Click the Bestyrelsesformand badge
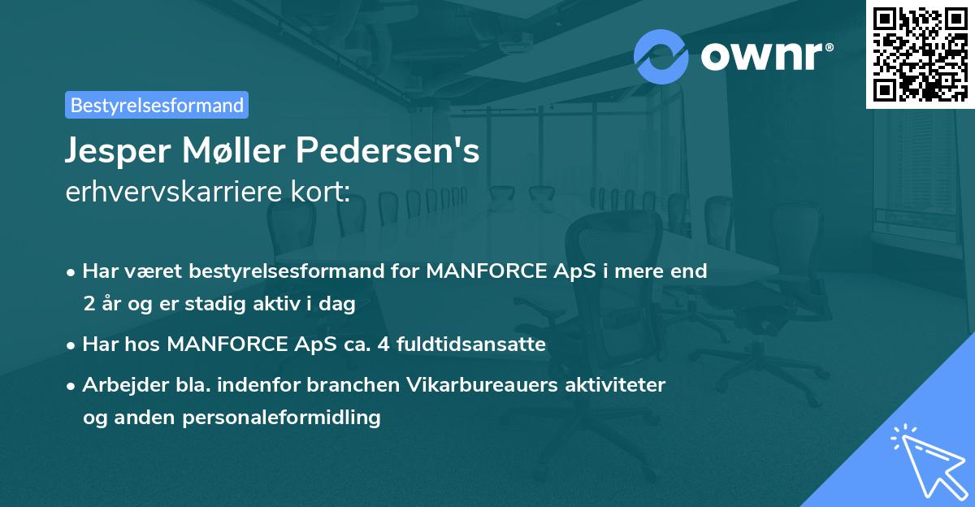point(157,105)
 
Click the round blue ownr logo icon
point(661,55)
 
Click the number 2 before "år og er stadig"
point(88,304)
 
